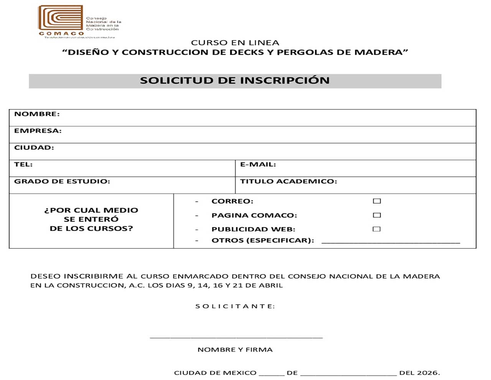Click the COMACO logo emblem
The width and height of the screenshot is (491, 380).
[x=61, y=18]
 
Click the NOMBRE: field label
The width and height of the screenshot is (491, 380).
[x=37, y=114]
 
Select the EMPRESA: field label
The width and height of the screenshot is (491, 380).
[x=38, y=131]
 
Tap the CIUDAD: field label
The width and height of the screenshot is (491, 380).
[x=34, y=148]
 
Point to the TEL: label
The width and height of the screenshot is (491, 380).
[x=23, y=164]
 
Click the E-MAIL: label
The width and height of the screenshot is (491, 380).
[x=258, y=164]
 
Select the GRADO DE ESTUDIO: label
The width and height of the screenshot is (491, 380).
[x=62, y=181]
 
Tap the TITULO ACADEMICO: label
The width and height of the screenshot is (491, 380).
[x=288, y=181]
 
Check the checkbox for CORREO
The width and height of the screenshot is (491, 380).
[x=377, y=201]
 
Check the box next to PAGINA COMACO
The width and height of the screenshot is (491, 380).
[x=377, y=215]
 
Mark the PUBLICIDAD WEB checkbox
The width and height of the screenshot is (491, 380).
[x=377, y=229]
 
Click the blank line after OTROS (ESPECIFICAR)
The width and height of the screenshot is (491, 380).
[x=390, y=242]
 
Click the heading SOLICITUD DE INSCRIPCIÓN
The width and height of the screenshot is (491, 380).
[x=234, y=81]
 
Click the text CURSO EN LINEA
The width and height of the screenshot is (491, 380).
[x=235, y=43]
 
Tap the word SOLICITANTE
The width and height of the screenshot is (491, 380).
[x=235, y=306]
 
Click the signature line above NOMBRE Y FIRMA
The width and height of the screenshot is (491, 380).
[x=236, y=337]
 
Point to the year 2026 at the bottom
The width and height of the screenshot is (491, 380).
[x=428, y=373]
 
